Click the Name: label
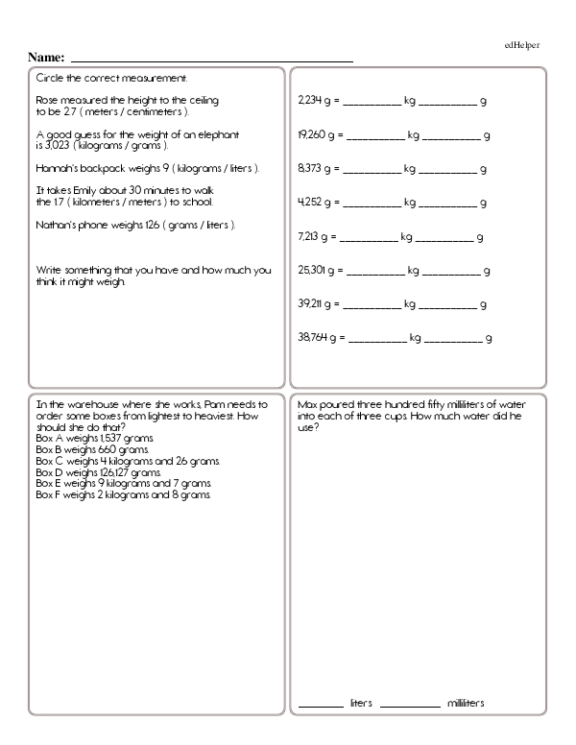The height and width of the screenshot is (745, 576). (x=47, y=58)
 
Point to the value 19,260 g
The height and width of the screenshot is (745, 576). (x=320, y=134)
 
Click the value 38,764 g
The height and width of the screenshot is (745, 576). (x=321, y=338)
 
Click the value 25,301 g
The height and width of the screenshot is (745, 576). (x=320, y=271)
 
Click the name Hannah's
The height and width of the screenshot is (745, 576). (x=55, y=168)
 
